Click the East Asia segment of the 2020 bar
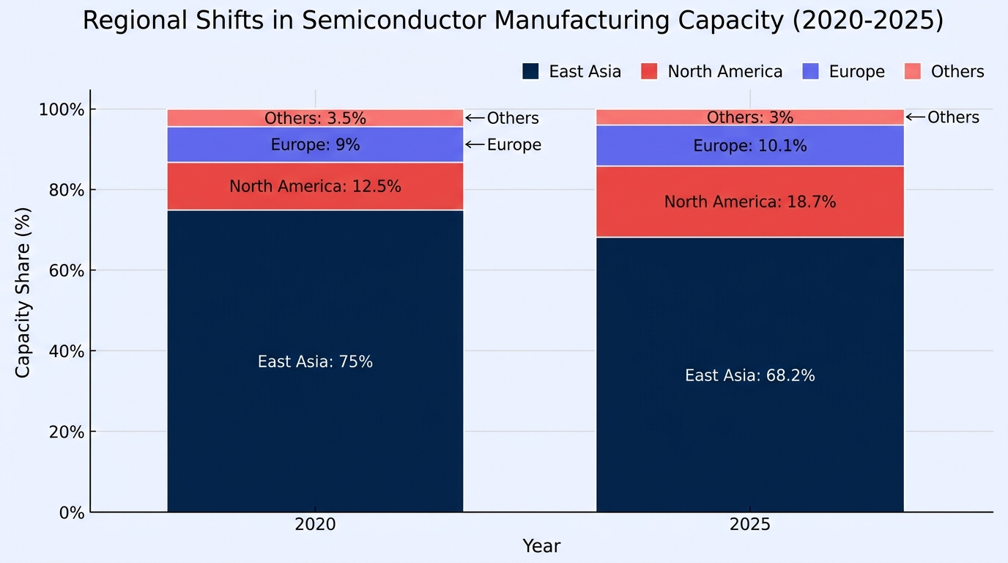pyautogui.click(x=315, y=361)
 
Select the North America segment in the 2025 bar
pyautogui.click(x=749, y=202)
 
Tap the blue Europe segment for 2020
pyautogui.click(x=315, y=144)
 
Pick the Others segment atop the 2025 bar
pyautogui.click(x=749, y=117)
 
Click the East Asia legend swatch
pyautogui.click(x=530, y=71)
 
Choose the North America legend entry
pyautogui.click(x=711, y=71)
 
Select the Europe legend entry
pyautogui.click(x=843, y=71)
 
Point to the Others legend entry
pyautogui.click(x=944, y=71)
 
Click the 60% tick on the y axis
pyautogui.click(x=66, y=271)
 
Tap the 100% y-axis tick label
pyautogui.click(x=62, y=109)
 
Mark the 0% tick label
pyautogui.click(x=72, y=512)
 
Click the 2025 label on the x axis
pyautogui.click(x=749, y=524)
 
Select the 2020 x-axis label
pyautogui.click(x=315, y=524)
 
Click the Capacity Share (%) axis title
pyautogui.click(x=23, y=292)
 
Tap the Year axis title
pyautogui.click(x=541, y=546)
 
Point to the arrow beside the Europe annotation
pyautogui.click(x=475, y=144)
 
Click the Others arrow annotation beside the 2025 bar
pyautogui.click(x=915, y=117)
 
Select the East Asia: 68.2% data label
pyautogui.click(x=749, y=375)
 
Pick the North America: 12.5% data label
pyautogui.click(x=315, y=186)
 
